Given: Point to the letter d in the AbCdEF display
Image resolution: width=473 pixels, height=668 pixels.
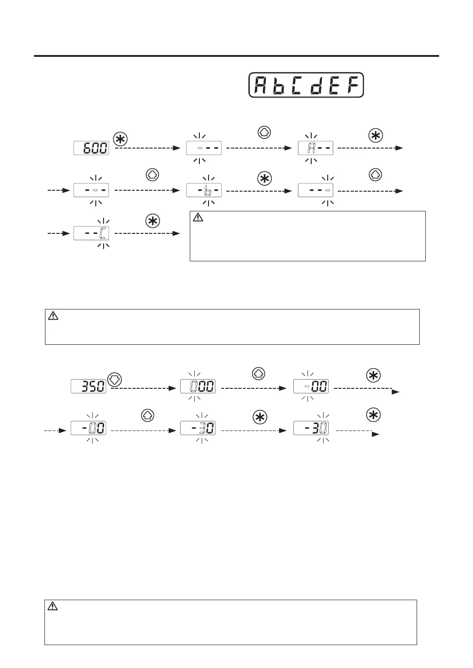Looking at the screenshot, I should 316,85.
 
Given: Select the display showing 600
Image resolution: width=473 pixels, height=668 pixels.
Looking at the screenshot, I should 91,148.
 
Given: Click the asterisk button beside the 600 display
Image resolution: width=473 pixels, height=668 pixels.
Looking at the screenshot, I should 121,139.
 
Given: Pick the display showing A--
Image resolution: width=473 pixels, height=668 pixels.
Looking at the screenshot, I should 316,148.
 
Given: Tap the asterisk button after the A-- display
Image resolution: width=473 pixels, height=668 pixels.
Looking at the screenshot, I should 375,136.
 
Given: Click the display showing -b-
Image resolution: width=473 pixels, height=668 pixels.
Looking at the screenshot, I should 204,190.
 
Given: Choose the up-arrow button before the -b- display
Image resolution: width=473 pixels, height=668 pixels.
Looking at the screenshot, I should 152,175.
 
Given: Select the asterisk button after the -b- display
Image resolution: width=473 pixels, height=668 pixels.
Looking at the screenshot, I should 264,179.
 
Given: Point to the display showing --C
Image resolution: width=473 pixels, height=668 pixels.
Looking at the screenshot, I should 91,233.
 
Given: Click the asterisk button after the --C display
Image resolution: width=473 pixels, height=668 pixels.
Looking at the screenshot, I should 153,221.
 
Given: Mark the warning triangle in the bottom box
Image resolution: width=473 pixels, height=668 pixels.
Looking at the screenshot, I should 53,606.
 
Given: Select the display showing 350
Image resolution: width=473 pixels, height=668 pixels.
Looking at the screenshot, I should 88,386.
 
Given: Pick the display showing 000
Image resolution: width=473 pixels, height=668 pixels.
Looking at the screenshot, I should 198,386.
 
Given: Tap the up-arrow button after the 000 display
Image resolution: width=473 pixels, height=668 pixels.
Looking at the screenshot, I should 258,374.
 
